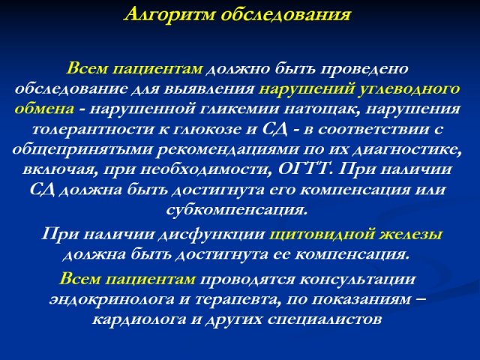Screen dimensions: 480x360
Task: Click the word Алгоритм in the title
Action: [x=170, y=15]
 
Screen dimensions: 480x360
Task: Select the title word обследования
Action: [x=286, y=15]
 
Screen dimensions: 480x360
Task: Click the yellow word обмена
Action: [x=44, y=109]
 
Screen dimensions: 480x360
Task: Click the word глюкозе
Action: [x=207, y=130]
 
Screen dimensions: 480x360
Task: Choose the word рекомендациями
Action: [x=228, y=150]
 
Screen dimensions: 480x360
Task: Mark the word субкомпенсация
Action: [x=236, y=210]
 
